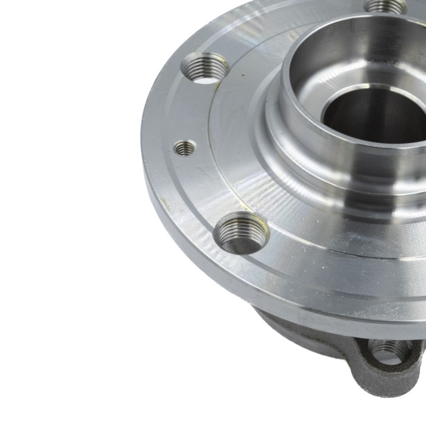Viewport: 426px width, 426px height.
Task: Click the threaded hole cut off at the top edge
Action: click(386, 5)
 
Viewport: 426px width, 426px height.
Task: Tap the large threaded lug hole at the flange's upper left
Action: click(206, 67)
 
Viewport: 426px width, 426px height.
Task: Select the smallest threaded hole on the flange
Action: click(185, 148)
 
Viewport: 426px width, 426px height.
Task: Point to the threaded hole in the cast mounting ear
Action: click(389, 351)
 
